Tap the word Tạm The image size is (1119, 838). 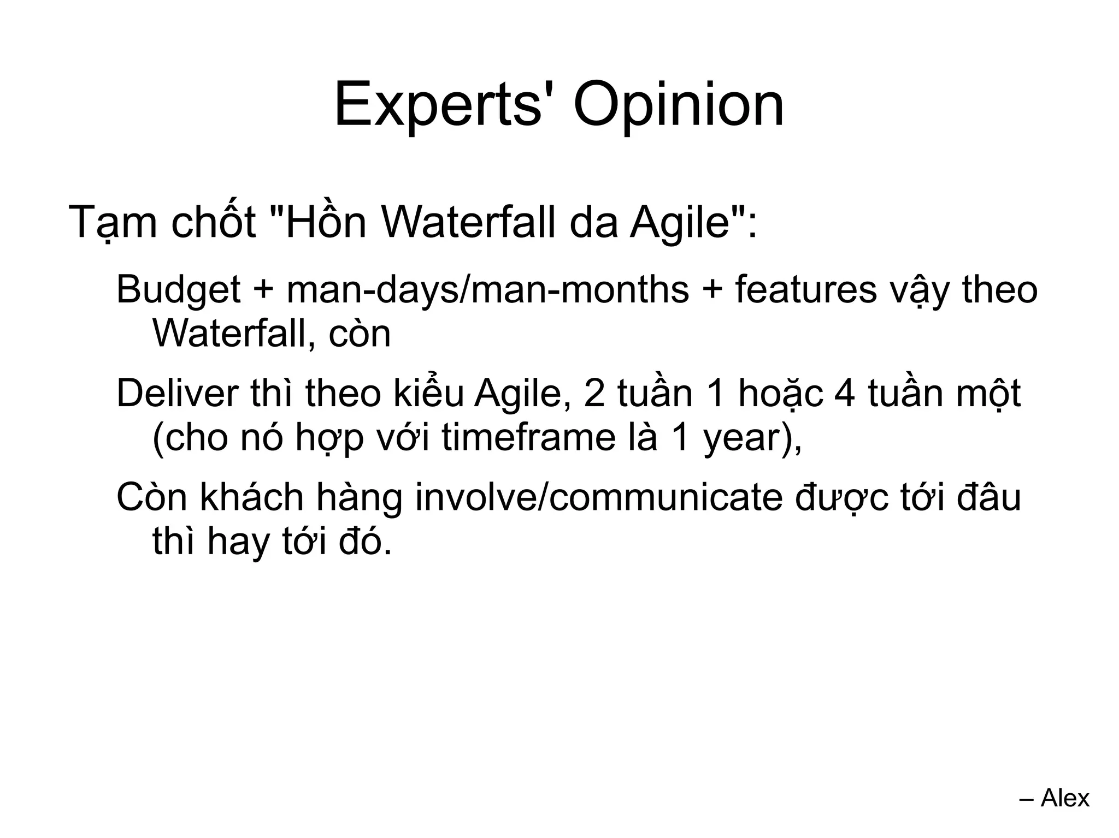point(113,223)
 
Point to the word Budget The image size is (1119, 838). point(178,290)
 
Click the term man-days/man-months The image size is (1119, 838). point(487,289)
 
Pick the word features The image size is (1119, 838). point(806,289)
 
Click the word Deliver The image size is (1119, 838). point(178,393)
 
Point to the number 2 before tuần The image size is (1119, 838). point(594,394)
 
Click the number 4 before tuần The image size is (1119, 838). point(844,394)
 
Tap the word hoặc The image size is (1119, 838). point(780,394)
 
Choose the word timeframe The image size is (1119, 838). point(528,438)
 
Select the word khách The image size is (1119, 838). point(251,497)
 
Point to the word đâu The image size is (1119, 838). point(988,497)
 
